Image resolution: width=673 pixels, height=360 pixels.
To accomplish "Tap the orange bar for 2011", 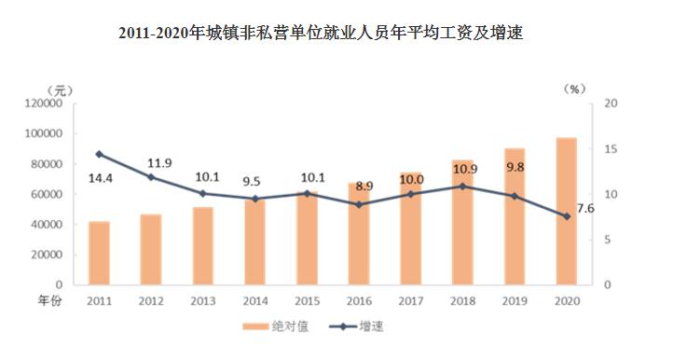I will [99, 253].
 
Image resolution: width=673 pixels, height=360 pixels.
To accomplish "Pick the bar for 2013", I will [202, 245].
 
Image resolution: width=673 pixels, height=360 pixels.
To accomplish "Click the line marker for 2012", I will [151, 177].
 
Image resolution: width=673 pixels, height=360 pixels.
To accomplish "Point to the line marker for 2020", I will [566, 216].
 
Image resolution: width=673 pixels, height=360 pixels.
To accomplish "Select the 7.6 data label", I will [585, 207].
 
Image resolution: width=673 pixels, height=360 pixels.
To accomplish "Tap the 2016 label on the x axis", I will [358, 301].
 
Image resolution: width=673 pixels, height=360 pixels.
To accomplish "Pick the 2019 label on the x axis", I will [515, 301].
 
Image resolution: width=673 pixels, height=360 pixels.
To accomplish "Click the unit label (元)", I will [59, 90].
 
